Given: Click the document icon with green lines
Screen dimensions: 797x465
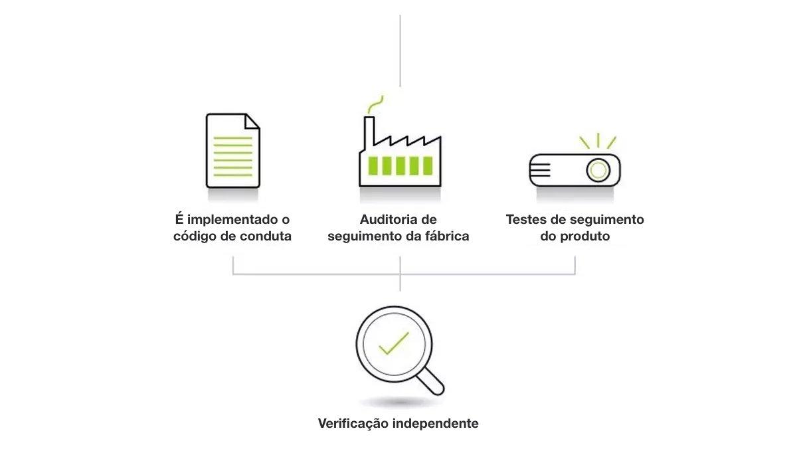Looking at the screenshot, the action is pos(233,151).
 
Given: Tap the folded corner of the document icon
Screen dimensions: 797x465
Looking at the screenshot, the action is pos(252,121).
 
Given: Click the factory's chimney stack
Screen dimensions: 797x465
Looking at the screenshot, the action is pos(369,132).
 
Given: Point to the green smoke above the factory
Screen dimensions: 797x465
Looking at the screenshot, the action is pos(375,104).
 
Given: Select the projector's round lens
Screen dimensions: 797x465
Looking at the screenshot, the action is pos(598,170).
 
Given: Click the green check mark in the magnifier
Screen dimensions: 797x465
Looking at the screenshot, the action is pos(394,343).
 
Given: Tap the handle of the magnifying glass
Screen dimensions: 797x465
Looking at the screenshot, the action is pos(430,382).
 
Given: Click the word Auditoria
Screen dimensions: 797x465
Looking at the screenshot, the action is pos(389,219).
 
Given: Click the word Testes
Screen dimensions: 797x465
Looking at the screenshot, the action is pos(526,219).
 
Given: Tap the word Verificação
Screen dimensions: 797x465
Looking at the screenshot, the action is pos(353,423).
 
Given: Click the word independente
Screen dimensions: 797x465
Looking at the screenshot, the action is pos(436,423).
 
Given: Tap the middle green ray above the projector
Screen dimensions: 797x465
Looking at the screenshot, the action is pos(598,140).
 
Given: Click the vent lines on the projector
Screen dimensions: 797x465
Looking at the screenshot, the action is pos(540,170).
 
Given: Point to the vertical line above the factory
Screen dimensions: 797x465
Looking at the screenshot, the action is pos(400,51).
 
